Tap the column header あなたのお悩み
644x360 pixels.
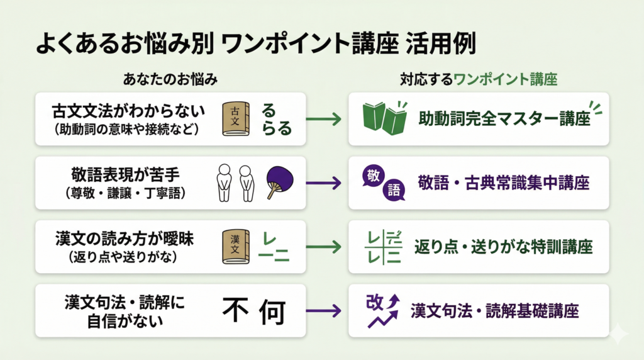(170, 80)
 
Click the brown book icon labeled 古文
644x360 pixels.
(236, 119)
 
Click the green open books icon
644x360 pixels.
(384, 118)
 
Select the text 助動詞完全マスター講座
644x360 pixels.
(504, 119)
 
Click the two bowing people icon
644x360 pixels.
(235, 183)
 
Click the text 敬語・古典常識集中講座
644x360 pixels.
(503, 183)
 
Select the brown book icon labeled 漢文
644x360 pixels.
(236, 246)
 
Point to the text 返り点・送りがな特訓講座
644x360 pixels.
(503, 247)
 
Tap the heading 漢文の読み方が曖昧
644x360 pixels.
(128, 239)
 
